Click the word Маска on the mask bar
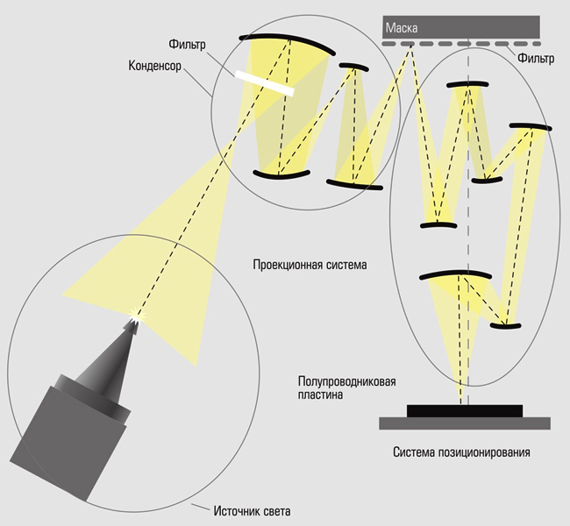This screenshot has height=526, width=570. click(x=402, y=28)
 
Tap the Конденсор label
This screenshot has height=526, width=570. click(x=154, y=66)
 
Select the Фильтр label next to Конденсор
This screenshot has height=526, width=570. click(x=187, y=45)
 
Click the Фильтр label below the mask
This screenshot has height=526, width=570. click(x=536, y=58)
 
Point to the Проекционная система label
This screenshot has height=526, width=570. click(x=310, y=264)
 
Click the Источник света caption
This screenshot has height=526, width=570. click(x=252, y=511)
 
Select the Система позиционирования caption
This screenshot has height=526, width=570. click(x=461, y=452)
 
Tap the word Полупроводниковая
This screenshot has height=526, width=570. click(x=346, y=381)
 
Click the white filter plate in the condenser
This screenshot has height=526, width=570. click(x=264, y=83)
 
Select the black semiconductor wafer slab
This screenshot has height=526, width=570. click(x=465, y=411)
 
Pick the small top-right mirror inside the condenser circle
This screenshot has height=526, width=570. click(x=353, y=67)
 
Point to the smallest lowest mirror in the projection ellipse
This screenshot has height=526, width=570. click(x=505, y=326)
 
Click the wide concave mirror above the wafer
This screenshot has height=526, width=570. click(x=455, y=274)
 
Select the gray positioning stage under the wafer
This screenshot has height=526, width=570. click(x=465, y=423)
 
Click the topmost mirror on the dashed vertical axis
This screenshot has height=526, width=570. click(x=467, y=84)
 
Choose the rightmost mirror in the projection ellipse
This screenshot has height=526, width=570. click(x=531, y=127)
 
